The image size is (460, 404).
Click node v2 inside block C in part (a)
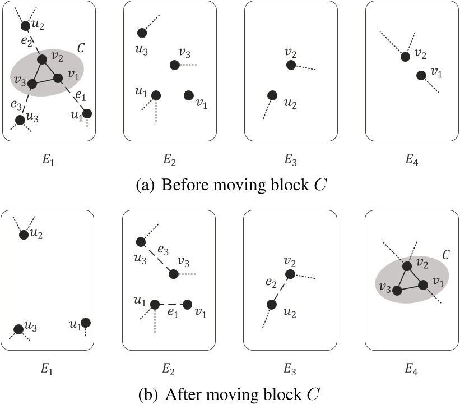[x=41, y=59]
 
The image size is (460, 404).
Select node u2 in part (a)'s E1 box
[x=25, y=26]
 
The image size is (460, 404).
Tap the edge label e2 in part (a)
[x=24, y=41]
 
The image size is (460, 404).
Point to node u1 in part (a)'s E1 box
[x=86, y=114]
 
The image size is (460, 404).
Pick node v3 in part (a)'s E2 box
[x=174, y=65]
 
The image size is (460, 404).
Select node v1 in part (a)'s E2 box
[x=189, y=95]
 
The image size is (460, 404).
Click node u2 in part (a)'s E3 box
[x=272, y=95]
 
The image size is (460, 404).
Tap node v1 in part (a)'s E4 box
[x=421, y=75]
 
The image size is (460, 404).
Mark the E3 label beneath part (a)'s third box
[x=291, y=161]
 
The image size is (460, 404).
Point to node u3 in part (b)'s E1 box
[x=18, y=329]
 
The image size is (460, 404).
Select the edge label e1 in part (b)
[x=172, y=313]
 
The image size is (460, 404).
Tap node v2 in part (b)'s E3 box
[x=290, y=274]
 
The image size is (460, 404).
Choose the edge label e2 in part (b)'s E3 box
[x=271, y=282]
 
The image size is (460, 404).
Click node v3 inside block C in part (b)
[x=397, y=290]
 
